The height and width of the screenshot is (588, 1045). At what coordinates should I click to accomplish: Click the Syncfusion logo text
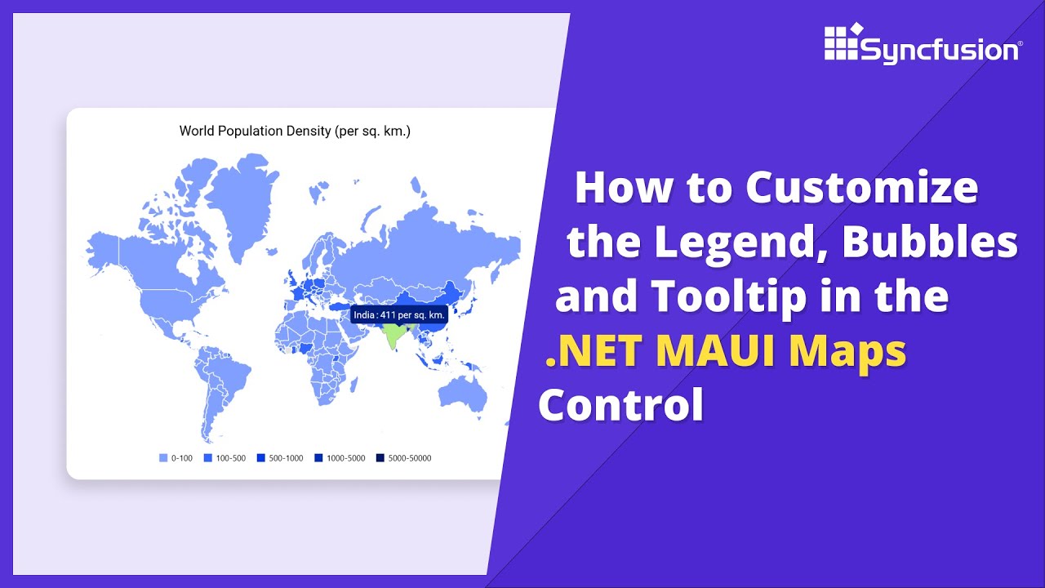pyautogui.click(x=940, y=50)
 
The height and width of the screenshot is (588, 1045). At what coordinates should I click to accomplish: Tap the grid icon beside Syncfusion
pyautogui.click(x=841, y=42)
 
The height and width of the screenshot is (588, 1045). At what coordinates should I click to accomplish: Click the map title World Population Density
pyautogui.click(x=295, y=131)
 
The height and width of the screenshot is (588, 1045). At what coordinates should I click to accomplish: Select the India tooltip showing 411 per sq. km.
pyautogui.click(x=399, y=314)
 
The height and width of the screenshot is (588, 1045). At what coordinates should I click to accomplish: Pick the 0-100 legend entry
pyautogui.click(x=176, y=458)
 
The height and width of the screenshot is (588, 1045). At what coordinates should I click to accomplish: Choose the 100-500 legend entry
pyautogui.click(x=225, y=458)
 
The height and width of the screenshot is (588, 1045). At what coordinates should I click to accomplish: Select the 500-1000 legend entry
pyautogui.click(x=280, y=458)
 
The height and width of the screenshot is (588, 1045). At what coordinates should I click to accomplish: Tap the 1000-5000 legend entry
pyautogui.click(x=340, y=458)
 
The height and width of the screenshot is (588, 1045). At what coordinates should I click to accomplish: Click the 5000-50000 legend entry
pyautogui.click(x=403, y=458)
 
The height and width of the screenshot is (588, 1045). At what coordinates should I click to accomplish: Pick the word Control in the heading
pyautogui.click(x=620, y=405)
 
